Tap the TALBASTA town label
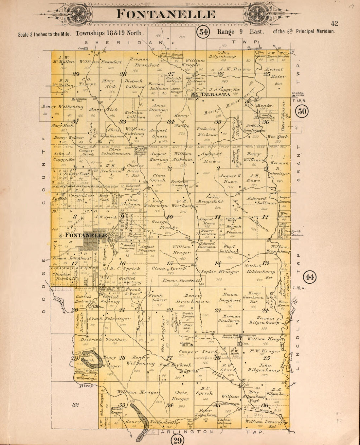213,95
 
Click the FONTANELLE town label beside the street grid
86,235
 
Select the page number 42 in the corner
334,23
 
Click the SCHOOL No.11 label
185,344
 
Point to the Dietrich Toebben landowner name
103,340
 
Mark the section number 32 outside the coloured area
76,405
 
